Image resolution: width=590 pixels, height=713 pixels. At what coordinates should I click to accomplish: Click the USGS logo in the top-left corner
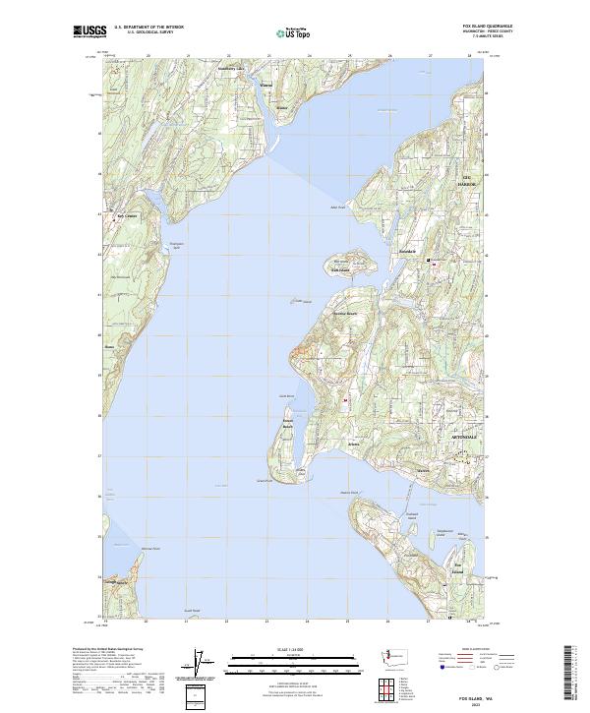(90, 31)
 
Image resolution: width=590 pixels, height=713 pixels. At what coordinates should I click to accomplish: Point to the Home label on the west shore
(109, 346)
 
